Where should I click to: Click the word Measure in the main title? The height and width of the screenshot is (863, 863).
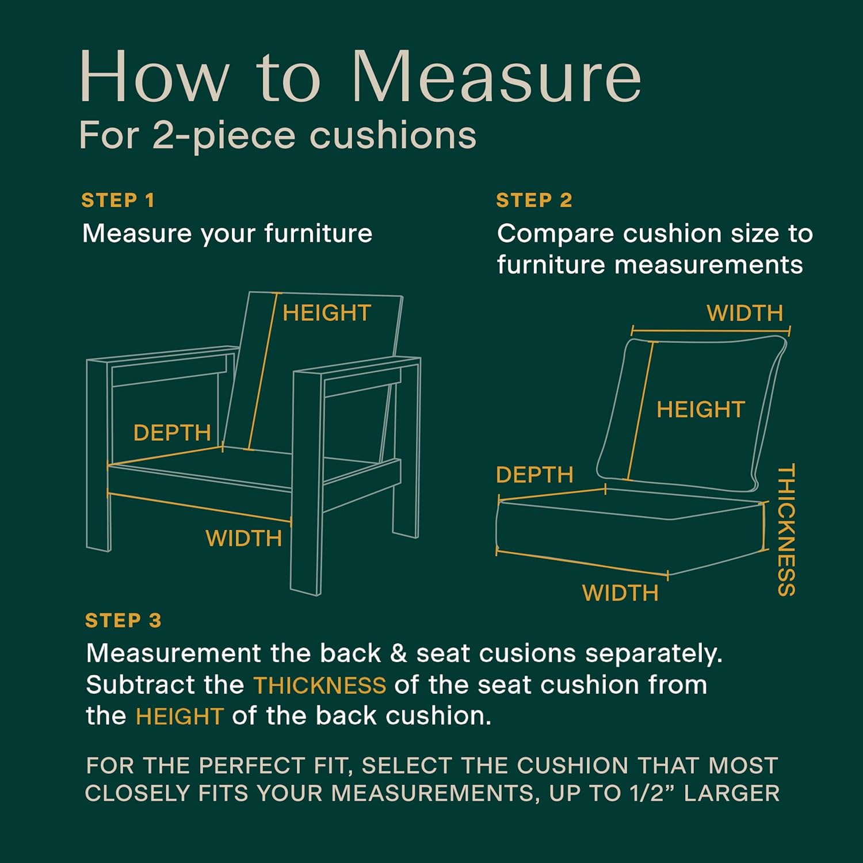496,77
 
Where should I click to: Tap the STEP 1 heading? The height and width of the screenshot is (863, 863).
118,200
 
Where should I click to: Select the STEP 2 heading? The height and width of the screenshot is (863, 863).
534,200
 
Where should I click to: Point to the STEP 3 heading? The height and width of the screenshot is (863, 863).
123,620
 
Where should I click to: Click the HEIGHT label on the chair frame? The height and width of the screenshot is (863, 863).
327,313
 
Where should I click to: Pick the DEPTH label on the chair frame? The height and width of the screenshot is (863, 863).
172,433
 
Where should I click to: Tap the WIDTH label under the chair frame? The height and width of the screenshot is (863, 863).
244,539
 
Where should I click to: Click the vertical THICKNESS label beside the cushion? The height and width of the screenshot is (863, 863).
786,530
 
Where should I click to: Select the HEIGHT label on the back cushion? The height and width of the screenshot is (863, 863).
701,410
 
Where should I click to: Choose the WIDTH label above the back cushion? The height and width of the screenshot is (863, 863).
745,313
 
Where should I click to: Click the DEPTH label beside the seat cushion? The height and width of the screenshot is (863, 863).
534,475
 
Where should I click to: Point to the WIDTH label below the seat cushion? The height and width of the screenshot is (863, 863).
620,593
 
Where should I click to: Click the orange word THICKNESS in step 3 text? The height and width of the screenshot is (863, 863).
320,685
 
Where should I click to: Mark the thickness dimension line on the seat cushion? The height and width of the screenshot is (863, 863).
765,526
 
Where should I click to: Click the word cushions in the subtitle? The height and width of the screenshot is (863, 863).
393,136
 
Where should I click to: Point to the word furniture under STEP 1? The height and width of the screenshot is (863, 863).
318,234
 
